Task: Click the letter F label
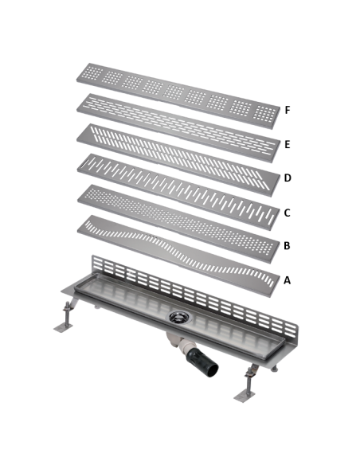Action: click(287, 110)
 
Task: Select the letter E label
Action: click(287, 144)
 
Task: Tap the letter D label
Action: click(288, 178)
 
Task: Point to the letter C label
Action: click(287, 213)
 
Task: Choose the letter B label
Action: click(287, 245)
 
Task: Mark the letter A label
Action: click(287, 280)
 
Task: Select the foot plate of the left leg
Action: click(63, 328)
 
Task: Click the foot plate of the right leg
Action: click(244, 397)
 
